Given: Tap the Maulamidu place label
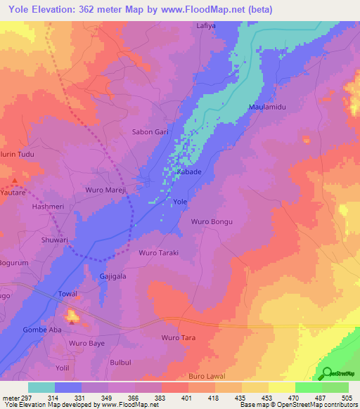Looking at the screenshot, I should pyautogui.click(x=266, y=107).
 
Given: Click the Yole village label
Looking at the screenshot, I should pyautogui.click(x=180, y=202).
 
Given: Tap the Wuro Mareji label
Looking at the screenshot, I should pyautogui.click(x=105, y=190).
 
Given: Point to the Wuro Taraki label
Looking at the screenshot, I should pyautogui.click(x=159, y=252).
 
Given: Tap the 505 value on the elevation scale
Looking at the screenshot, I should pyautogui.click(x=347, y=397).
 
